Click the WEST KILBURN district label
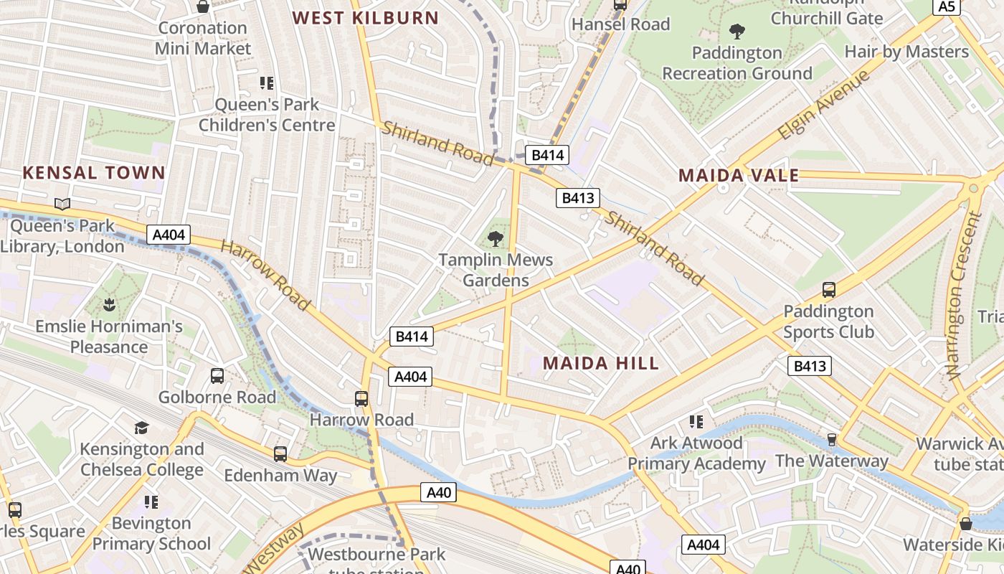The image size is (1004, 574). click(366, 18)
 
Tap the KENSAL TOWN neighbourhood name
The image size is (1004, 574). click(94, 173)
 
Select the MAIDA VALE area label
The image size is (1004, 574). click(739, 176)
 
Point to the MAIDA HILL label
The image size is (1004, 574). click(601, 363)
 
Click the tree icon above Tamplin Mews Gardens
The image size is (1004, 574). click(496, 239)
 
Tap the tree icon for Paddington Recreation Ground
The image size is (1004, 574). click(737, 32)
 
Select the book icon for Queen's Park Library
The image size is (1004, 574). click(62, 204)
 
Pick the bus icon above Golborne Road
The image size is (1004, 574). click(217, 376)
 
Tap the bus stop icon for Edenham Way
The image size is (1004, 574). click(280, 454)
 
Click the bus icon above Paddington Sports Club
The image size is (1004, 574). click(829, 290)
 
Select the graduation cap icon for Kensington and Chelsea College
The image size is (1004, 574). click(141, 428)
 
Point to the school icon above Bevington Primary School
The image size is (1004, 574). click(151, 502)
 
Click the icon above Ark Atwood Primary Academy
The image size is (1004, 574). click(696, 422)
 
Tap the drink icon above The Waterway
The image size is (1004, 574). click(832, 439)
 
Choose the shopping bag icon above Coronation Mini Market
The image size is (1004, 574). click(203, 7)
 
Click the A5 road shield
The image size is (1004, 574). click(947, 6)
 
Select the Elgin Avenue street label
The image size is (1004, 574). click(824, 105)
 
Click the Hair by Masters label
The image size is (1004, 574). click(906, 52)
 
